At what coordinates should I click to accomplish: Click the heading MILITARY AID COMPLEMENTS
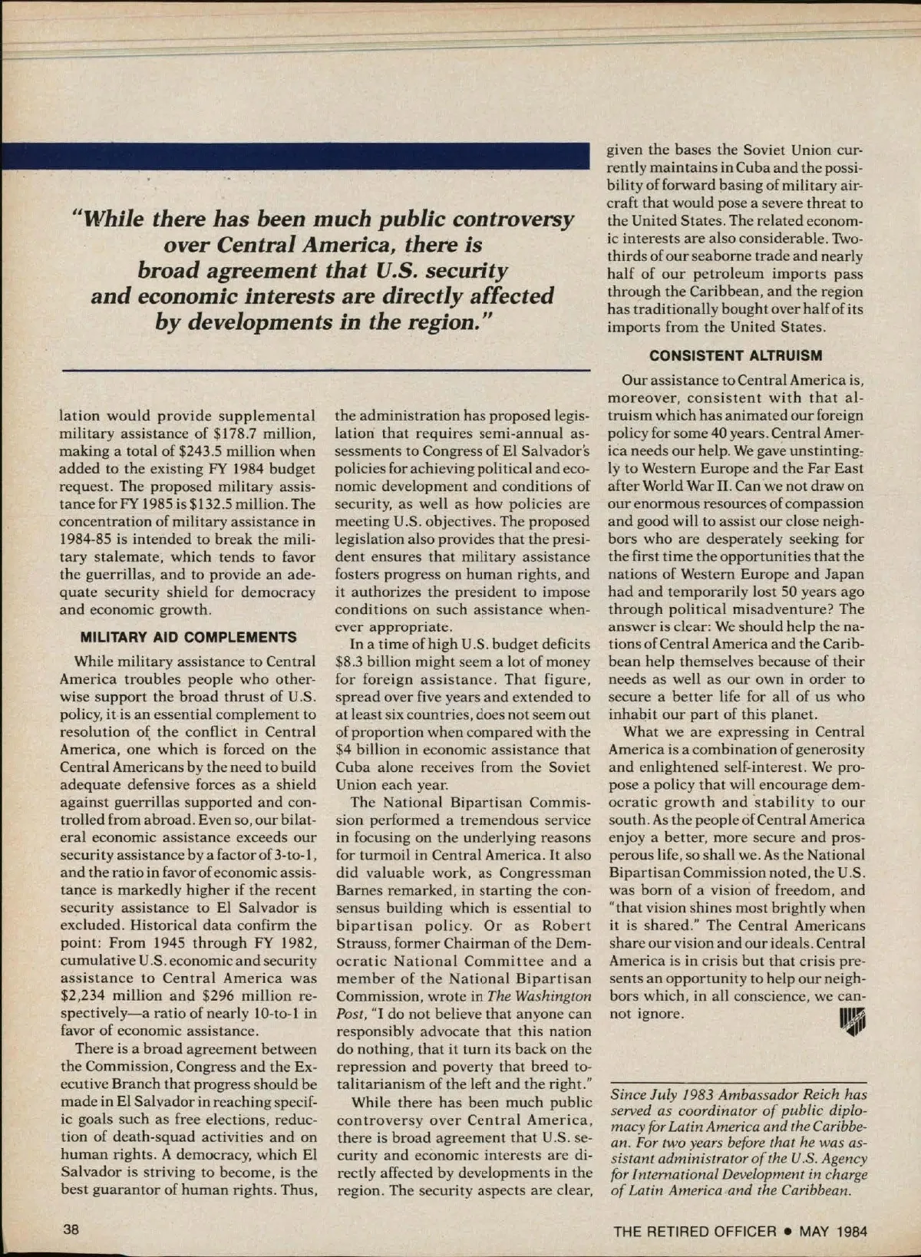point(188,637)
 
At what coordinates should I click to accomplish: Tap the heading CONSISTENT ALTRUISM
point(735,355)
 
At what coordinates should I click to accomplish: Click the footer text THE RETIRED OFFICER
point(695,1232)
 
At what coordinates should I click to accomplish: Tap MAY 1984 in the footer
point(833,1232)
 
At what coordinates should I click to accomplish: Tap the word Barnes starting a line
point(361,889)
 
